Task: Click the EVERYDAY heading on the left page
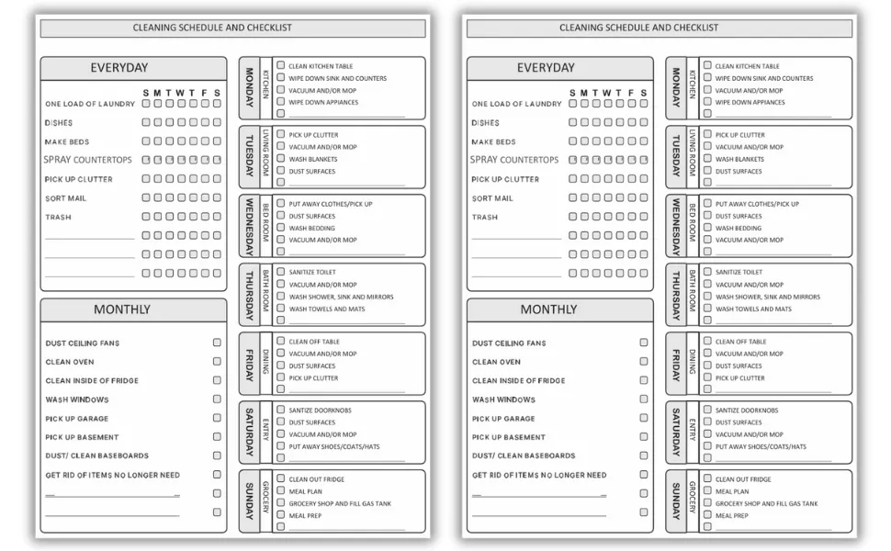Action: tap(119, 68)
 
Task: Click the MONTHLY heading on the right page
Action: tap(548, 309)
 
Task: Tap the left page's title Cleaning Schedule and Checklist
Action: tap(212, 28)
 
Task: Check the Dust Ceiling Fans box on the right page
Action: tap(643, 343)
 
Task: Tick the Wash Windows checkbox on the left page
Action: tap(217, 399)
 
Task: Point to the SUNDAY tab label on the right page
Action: tap(675, 500)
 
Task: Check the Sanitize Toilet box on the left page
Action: tap(281, 272)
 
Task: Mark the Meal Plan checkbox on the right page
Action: tap(707, 491)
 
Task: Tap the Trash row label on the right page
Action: tap(484, 218)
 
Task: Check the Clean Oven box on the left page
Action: tap(217, 362)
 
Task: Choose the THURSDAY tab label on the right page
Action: tap(675, 294)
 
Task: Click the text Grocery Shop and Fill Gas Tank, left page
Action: tap(340, 503)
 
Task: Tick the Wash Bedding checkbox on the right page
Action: tap(707, 228)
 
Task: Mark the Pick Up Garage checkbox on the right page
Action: tap(643, 418)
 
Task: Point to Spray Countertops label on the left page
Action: tap(88, 160)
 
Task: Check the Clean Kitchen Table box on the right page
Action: tap(707, 66)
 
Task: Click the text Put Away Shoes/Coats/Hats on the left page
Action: tap(334, 446)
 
